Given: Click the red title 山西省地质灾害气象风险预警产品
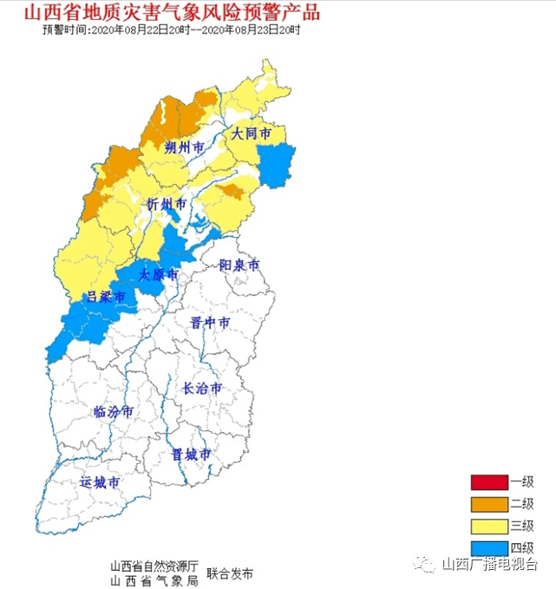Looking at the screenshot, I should (x=171, y=13).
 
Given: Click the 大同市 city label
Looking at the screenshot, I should (x=251, y=134).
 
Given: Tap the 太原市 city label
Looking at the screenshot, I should (x=159, y=274).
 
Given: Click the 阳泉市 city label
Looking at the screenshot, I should (x=239, y=265).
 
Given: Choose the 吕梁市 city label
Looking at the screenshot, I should (x=105, y=298).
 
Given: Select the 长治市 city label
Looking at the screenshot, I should (x=202, y=389).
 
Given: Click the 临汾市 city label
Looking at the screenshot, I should (x=113, y=411).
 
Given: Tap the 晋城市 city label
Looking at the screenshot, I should (x=191, y=454).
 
